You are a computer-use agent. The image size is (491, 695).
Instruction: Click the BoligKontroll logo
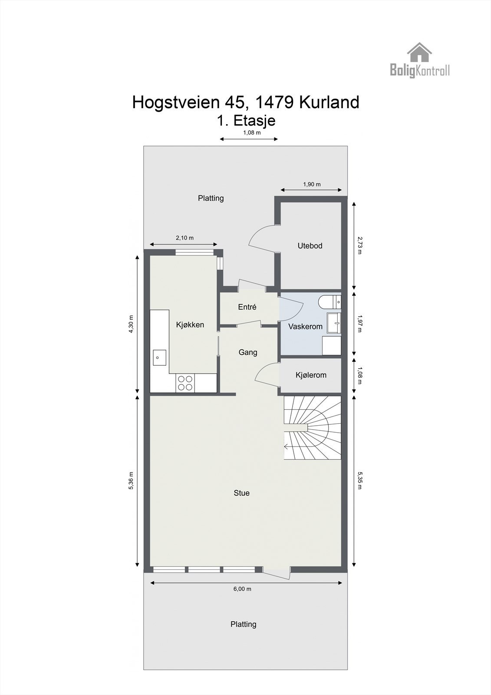click(x=419, y=61)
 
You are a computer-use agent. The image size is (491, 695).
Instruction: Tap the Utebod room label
click(x=310, y=246)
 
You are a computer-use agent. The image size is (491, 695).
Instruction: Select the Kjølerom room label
click(x=311, y=375)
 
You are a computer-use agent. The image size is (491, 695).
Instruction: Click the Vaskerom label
click(x=305, y=327)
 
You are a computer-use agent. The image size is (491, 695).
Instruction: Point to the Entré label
click(x=247, y=307)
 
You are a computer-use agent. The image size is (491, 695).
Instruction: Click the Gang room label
click(x=248, y=352)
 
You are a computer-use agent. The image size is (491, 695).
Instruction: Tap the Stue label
click(x=241, y=493)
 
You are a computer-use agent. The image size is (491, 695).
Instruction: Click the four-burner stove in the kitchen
click(x=185, y=383)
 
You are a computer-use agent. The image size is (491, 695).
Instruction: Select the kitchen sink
click(x=159, y=357)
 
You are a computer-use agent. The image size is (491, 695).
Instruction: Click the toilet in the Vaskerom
click(x=329, y=301)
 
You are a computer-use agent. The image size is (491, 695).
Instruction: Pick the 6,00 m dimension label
click(x=242, y=589)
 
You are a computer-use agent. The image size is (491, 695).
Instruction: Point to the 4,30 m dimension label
click(x=131, y=324)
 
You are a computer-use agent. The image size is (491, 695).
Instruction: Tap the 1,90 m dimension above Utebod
click(x=312, y=184)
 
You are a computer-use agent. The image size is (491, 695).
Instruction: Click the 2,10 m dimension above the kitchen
click(x=185, y=238)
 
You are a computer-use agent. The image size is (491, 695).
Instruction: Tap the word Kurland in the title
click(x=329, y=103)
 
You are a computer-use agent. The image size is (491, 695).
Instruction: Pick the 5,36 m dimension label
click(x=131, y=480)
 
